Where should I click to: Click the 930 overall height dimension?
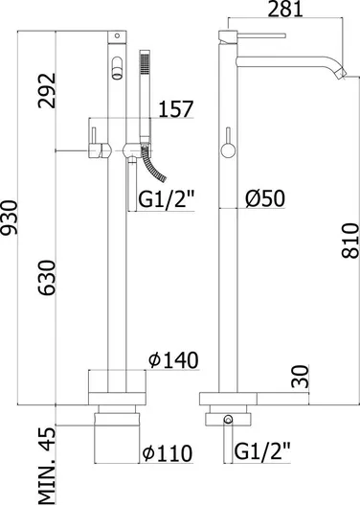pyautogui.click(x=10, y=218)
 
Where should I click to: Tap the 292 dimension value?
pyautogui.click(x=47, y=91)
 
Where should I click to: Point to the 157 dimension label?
pyautogui.click(x=175, y=109)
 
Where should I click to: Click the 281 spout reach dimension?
pyautogui.click(x=285, y=9)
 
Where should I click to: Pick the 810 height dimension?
pyautogui.click(x=350, y=241)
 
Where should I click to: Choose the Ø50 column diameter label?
pyautogui.click(x=265, y=198)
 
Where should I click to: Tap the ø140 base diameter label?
pyautogui.click(x=173, y=360)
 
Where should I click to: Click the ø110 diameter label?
pyautogui.click(x=168, y=453)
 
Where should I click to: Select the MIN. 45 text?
pyautogui.click(x=47, y=466)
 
